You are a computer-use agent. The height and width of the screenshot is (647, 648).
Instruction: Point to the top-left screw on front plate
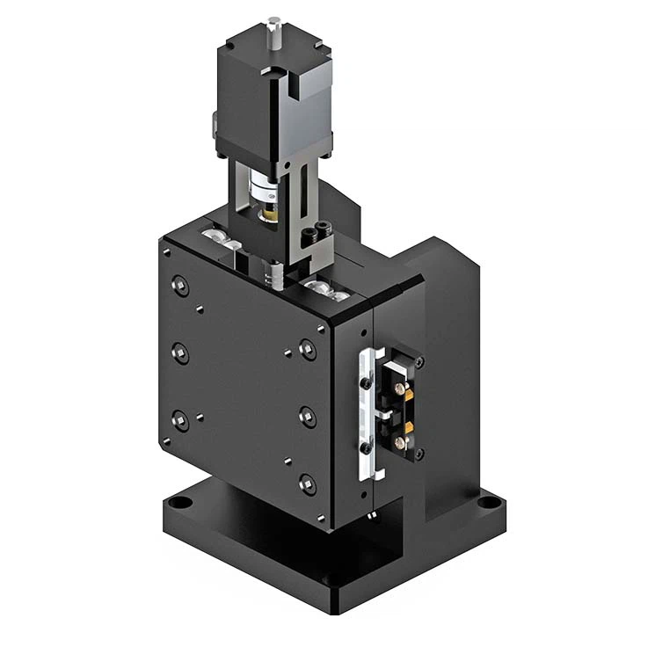click(x=180, y=285)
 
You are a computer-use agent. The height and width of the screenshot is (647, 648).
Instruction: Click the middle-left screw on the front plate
click(x=180, y=353)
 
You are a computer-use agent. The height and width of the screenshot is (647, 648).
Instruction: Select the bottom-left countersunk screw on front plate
click(x=180, y=421)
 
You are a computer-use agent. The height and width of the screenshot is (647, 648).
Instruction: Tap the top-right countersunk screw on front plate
click(x=307, y=349)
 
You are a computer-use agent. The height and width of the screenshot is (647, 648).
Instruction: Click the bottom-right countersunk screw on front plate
click(x=307, y=482)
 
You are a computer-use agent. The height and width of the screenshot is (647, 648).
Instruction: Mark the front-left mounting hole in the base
click(x=179, y=507)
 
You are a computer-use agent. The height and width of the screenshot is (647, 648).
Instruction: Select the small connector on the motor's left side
click(x=213, y=127)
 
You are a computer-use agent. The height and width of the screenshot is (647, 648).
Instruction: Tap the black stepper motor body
click(x=264, y=88)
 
